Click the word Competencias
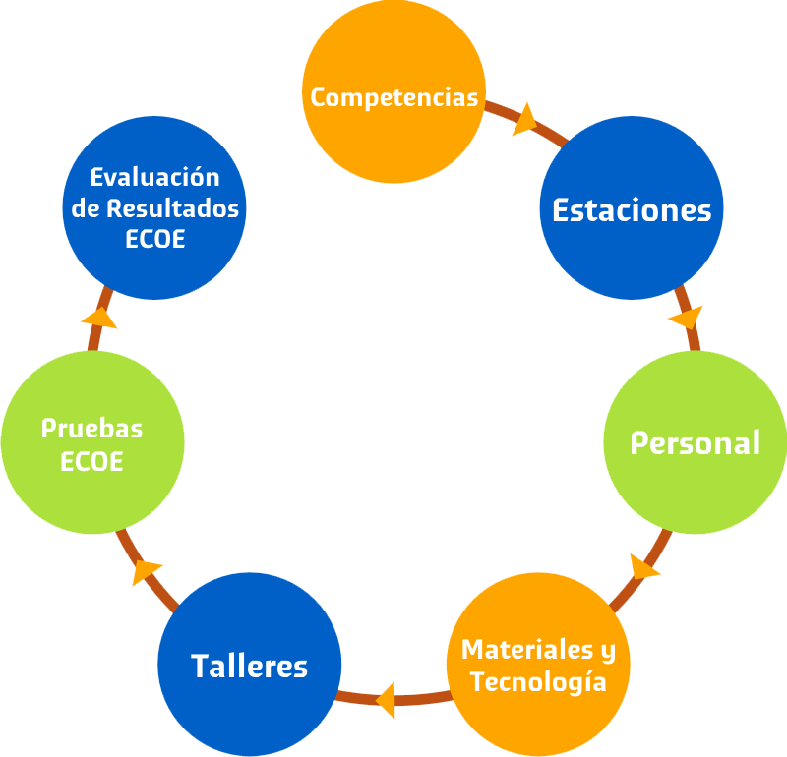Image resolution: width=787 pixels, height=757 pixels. click(x=393, y=97)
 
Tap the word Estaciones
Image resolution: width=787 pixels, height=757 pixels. click(x=632, y=209)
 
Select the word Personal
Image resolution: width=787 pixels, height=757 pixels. click(x=695, y=442)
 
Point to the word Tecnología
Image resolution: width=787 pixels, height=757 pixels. click(x=538, y=681)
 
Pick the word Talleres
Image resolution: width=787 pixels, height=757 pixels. click(x=249, y=666)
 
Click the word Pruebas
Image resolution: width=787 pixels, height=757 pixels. click(x=91, y=429)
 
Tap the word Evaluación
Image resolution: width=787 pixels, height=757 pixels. click(x=154, y=177)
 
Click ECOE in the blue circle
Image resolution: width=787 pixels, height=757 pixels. click(x=154, y=240)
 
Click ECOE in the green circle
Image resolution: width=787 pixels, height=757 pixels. click(x=91, y=461)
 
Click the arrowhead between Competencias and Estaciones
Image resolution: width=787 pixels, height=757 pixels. click(x=524, y=119)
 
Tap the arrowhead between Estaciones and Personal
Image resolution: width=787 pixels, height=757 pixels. click(x=686, y=319)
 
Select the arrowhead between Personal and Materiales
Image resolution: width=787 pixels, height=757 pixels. click(x=643, y=568)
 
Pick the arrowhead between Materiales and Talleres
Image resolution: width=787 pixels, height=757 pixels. click(x=386, y=699)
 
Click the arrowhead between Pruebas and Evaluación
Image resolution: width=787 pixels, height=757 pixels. click(x=98, y=317)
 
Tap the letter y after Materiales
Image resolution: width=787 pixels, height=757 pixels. click(x=608, y=650)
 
